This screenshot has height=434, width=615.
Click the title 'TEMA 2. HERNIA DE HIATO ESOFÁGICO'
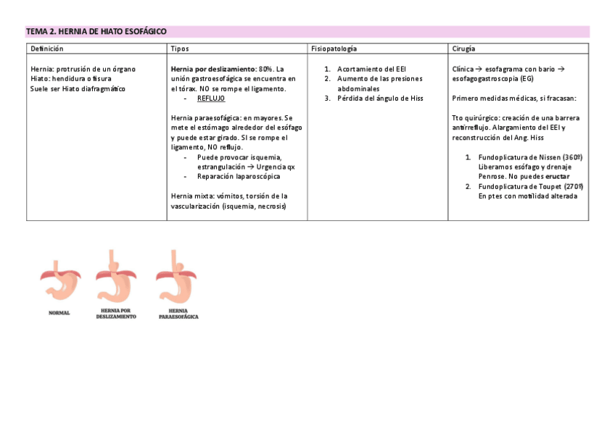[x=96, y=32]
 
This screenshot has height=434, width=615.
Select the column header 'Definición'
[x=46, y=49]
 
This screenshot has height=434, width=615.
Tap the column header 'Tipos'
[x=180, y=49]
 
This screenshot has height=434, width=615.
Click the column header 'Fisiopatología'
[x=334, y=49]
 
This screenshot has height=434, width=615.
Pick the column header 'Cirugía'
[x=463, y=49]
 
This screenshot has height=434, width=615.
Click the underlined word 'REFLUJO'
[x=211, y=98]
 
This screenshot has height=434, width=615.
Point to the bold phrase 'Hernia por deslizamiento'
[x=212, y=69]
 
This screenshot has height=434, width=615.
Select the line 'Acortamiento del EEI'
[x=371, y=69]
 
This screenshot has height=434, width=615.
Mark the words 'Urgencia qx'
[x=276, y=167]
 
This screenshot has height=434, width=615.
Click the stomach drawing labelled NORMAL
[x=60, y=281]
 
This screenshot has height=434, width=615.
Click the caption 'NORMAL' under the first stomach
[x=59, y=313]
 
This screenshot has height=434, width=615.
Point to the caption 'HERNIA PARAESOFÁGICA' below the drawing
[x=178, y=314]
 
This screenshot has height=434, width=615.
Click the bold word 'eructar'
[x=557, y=176]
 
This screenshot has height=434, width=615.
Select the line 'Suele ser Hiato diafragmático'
[x=78, y=88]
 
